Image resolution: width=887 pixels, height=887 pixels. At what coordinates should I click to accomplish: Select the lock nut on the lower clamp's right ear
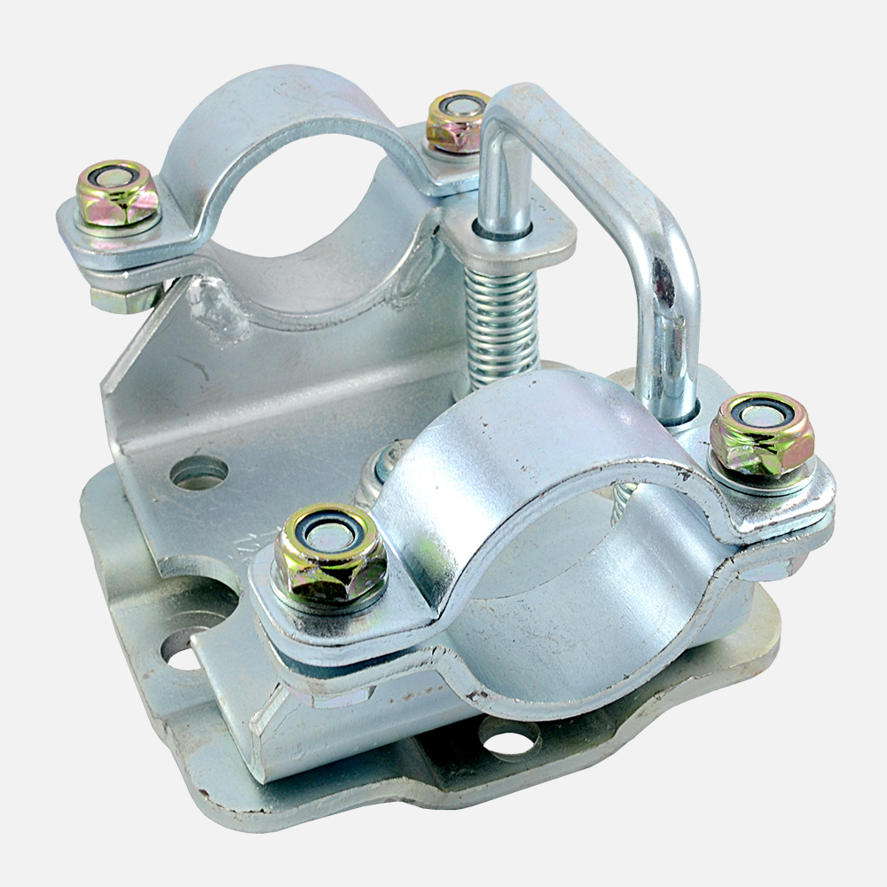(x=762, y=434)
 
